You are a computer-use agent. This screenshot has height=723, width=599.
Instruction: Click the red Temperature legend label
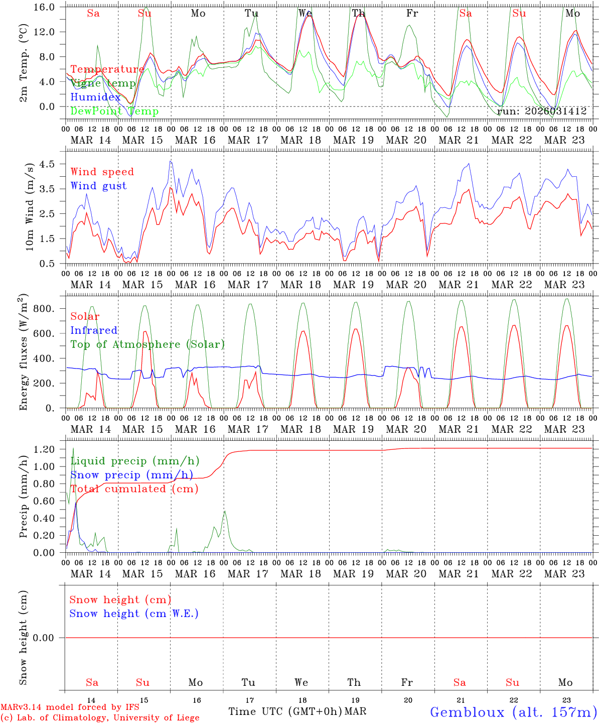107,69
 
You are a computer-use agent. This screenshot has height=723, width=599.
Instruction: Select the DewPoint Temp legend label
114,111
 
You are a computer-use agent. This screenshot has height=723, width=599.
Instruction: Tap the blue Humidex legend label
95,97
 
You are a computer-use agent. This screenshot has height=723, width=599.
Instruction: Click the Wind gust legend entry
98,186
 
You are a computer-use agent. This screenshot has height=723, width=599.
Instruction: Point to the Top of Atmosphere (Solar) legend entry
147,344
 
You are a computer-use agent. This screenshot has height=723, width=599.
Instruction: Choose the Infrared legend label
94,330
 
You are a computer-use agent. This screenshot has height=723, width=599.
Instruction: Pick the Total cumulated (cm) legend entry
134,489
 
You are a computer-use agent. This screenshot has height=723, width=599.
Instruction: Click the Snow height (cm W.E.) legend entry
134,614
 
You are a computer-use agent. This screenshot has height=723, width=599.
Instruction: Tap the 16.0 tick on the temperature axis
49,8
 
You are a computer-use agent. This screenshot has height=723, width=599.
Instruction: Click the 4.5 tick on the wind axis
52,164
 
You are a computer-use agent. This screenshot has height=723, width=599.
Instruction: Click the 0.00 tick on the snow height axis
49,638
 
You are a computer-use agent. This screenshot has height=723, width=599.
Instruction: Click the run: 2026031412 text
542,111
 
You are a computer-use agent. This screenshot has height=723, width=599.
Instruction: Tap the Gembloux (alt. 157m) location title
513,712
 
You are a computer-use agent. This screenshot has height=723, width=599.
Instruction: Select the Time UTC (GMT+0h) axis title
285,711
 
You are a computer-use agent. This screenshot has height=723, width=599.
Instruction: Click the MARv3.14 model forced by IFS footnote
70,707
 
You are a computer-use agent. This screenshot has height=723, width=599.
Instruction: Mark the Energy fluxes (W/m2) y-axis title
24,352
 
